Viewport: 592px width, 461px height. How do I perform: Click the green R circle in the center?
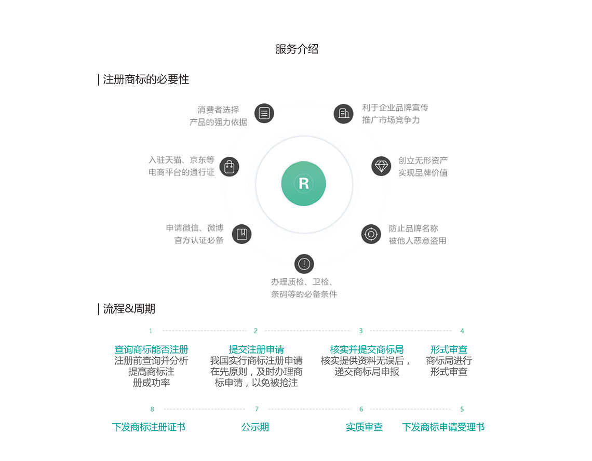[x=304, y=183]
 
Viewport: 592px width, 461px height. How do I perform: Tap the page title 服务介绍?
[x=297, y=49]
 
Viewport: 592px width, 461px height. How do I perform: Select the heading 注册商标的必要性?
[x=146, y=79]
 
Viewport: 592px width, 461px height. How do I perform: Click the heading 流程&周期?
[x=129, y=309]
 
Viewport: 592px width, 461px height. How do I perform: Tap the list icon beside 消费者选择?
[x=264, y=113]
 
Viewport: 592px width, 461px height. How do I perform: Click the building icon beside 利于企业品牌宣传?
[x=344, y=114]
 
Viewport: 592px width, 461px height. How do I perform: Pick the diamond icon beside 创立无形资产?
[x=381, y=166]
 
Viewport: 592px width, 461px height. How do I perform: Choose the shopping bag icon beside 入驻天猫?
[x=229, y=167]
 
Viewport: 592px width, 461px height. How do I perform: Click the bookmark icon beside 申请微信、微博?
[x=241, y=234]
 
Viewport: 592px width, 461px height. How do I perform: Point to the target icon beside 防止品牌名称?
[x=371, y=234]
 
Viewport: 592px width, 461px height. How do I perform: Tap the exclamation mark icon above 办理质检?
[x=304, y=264]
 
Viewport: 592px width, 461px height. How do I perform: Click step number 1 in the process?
[x=150, y=331]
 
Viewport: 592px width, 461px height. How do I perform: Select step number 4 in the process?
[x=462, y=331]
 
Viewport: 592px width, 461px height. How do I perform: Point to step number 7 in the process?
[x=257, y=409]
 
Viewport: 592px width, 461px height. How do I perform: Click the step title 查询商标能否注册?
[x=151, y=349]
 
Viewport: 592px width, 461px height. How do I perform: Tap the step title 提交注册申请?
[x=257, y=349]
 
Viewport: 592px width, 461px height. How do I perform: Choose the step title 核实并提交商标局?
[x=367, y=349]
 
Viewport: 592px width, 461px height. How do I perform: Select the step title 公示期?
[x=255, y=427]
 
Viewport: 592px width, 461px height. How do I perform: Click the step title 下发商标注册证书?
[x=149, y=427]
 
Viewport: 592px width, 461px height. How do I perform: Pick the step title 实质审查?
[x=365, y=427]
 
